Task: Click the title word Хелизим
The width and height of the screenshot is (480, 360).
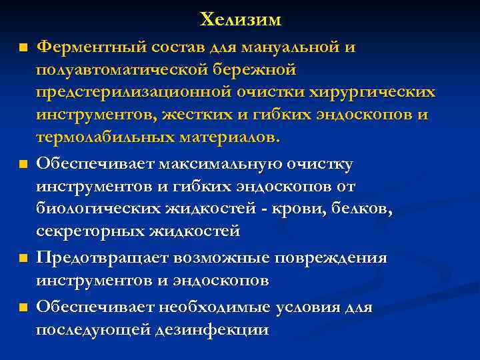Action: click(241, 20)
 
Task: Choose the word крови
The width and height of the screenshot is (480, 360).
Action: click(297, 209)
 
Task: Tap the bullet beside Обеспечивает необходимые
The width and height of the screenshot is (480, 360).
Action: click(23, 307)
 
